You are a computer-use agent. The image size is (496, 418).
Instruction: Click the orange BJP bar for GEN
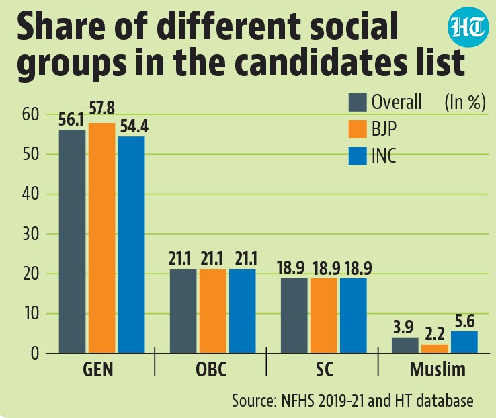(x=102, y=238)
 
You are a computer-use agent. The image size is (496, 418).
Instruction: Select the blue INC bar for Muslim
(x=464, y=342)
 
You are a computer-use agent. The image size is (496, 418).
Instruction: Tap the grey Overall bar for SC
(x=294, y=316)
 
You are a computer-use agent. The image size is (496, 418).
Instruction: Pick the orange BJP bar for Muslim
(x=435, y=349)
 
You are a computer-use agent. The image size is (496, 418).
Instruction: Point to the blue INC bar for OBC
(x=243, y=311)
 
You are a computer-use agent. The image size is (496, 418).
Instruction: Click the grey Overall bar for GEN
(x=72, y=241)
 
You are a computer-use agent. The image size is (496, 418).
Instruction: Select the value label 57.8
(x=102, y=108)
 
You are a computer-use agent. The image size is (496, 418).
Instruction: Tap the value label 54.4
(x=134, y=126)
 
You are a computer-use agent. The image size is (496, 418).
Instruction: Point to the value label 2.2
(x=435, y=334)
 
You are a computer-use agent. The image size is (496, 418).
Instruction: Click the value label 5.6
(x=464, y=321)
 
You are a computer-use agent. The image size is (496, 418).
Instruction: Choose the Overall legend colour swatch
(x=358, y=102)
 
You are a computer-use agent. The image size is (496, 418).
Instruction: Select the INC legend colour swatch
(x=358, y=155)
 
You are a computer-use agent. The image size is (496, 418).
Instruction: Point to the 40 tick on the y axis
(x=30, y=194)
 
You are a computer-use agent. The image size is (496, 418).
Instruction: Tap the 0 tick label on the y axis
(x=35, y=353)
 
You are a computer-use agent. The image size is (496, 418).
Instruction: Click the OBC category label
(x=211, y=369)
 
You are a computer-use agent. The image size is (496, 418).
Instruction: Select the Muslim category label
(x=438, y=369)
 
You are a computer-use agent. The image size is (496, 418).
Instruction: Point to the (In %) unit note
(x=465, y=102)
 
